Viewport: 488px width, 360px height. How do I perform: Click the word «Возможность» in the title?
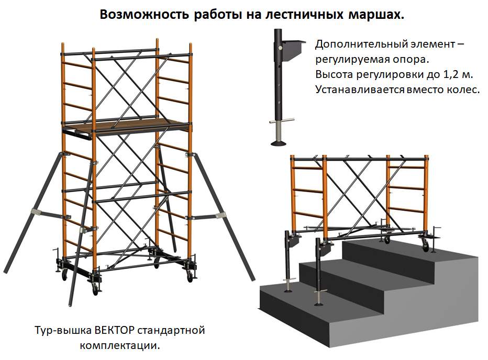(x=145, y=14)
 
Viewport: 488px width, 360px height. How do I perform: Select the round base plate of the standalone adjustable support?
(x=279, y=143)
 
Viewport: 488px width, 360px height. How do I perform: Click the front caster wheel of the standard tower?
(x=95, y=290)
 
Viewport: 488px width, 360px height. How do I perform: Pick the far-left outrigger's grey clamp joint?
(x=36, y=212)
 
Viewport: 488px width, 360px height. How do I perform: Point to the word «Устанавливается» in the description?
(x=360, y=89)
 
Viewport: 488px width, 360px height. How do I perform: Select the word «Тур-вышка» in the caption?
(x=63, y=330)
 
